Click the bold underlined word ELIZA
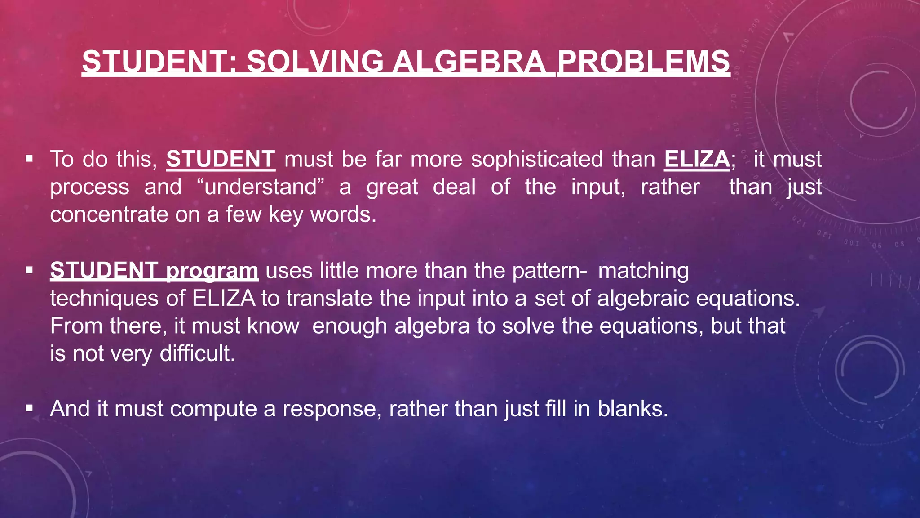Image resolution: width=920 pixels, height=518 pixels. (x=697, y=159)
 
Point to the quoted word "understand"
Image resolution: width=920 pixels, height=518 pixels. (x=261, y=187)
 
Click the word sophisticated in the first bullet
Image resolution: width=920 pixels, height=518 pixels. (x=537, y=160)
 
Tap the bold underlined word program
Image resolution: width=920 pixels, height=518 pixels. (x=212, y=271)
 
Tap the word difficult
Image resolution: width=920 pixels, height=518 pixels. (x=197, y=354)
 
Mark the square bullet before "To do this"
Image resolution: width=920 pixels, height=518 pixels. (x=30, y=159)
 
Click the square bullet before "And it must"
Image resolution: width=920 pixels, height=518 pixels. (x=30, y=408)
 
